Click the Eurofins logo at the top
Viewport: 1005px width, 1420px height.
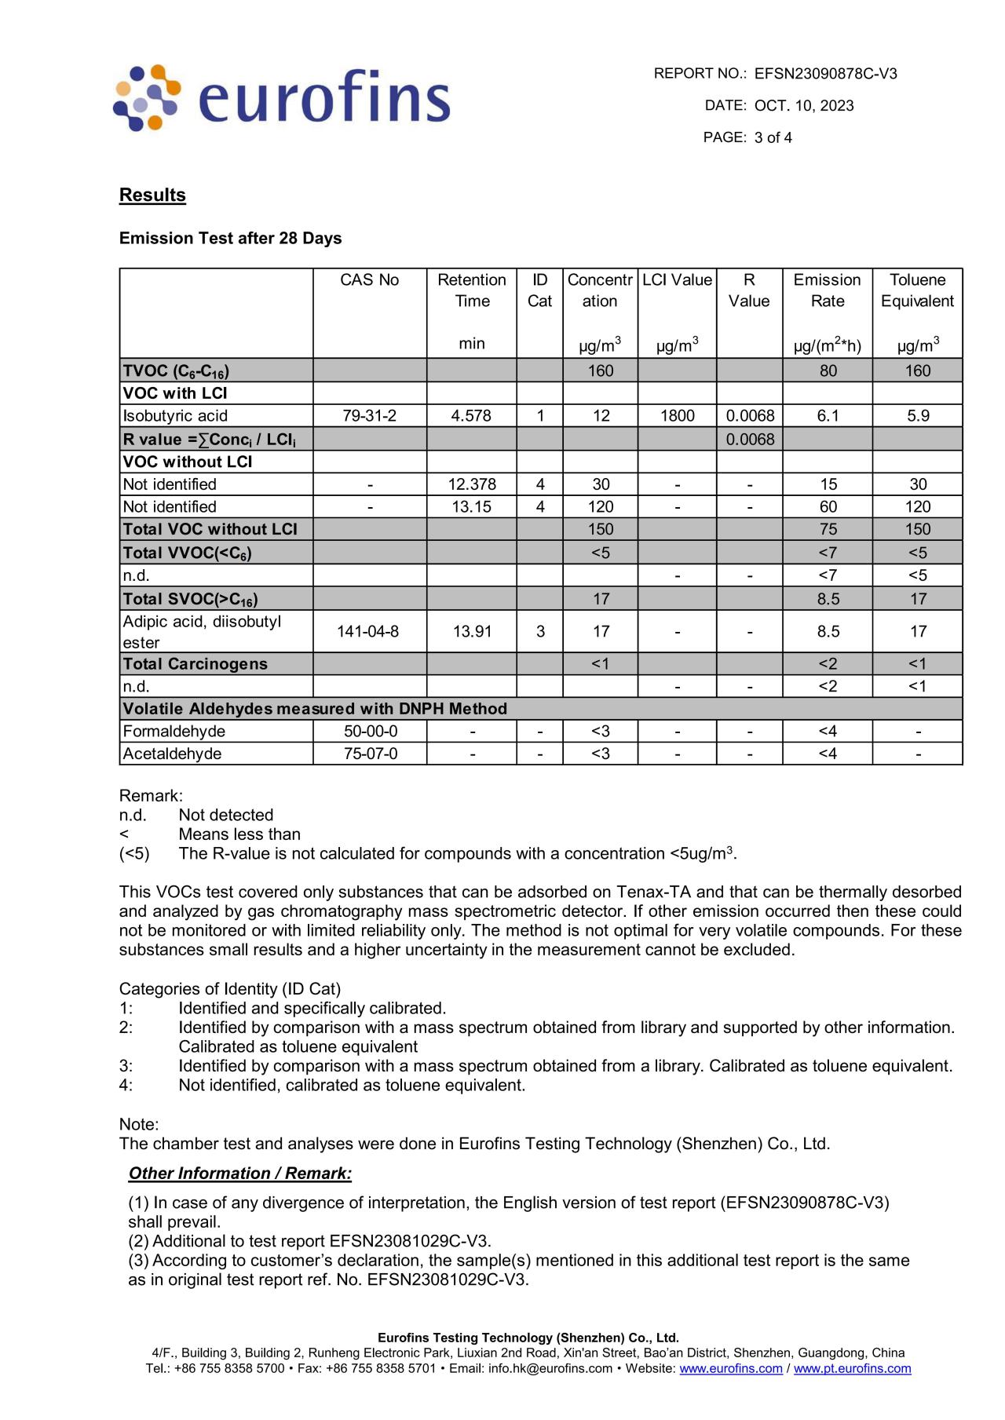pyautogui.click(x=283, y=98)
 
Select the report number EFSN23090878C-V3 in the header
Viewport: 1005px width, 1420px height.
pyautogui.click(x=825, y=74)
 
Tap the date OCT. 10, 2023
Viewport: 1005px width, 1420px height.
pyautogui.click(x=804, y=106)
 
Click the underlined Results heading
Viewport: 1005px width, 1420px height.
pyautogui.click(x=152, y=195)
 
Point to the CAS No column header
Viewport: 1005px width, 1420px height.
pyautogui.click(x=369, y=280)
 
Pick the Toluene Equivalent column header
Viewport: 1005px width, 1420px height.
pyautogui.click(x=917, y=290)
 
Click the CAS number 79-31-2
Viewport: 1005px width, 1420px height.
pyautogui.click(x=369, y=416)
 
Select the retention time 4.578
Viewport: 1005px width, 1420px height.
pyautogui.click(x=471, y=416)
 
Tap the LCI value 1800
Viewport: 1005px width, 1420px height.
pyautogui.click(x=677, y=416)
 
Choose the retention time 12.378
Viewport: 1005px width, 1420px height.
pyautogui.click(x=471, y=484)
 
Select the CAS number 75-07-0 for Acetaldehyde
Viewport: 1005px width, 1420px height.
pyautogui.click(x=370, y=754)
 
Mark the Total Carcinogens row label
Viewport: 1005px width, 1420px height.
pyautogui.click(x=196, y=664)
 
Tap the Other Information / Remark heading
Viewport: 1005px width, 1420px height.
pyautogui.click(x=240, y=1174)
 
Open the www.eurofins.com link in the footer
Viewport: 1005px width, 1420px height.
pyautogui.click(x=731, y=1369)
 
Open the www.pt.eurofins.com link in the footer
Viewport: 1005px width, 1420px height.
pyautogui.click(x=852, y=1369)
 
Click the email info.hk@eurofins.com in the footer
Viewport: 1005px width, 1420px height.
pyautogui.click(x=550, y=1369)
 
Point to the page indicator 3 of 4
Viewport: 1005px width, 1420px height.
pyautogui.click(x=773, y=138)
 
